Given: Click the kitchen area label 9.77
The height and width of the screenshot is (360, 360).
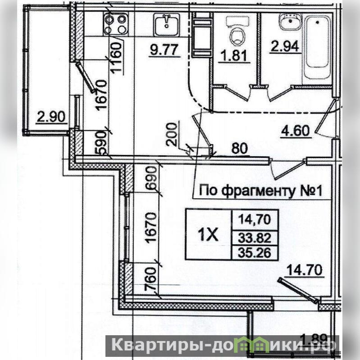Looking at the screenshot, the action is [x=164, y=50].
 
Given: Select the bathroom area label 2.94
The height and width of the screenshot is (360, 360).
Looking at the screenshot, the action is [x=285, y=46].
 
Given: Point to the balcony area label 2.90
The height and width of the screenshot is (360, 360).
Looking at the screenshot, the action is [x=51, y=116].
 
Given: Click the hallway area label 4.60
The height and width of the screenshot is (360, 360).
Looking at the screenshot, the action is [x=296, y=131].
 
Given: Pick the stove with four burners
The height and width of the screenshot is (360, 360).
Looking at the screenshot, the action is [x=115, y=23].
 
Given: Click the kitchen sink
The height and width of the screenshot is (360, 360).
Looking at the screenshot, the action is [x=166, y=24].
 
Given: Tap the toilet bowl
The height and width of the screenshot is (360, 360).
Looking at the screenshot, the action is [x=237, y=32].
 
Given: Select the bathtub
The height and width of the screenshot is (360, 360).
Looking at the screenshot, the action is [x=318, y=47].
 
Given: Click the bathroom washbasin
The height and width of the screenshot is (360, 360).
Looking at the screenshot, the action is [x=291, y=22].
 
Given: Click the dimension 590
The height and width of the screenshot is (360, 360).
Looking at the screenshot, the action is [x=101, y=143].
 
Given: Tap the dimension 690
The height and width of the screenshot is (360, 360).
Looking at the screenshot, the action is [x=151, y=178].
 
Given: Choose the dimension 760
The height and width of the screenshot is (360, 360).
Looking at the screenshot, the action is [x=151, y=278].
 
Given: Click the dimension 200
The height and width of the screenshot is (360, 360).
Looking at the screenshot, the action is [x=172, y=135].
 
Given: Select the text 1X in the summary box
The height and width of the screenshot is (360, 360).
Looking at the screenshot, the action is [x=208, y=235].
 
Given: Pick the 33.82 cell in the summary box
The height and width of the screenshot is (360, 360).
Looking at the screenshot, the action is [x=255, y=238].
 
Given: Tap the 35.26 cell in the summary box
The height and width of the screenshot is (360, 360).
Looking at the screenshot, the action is [x=255, y=253].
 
